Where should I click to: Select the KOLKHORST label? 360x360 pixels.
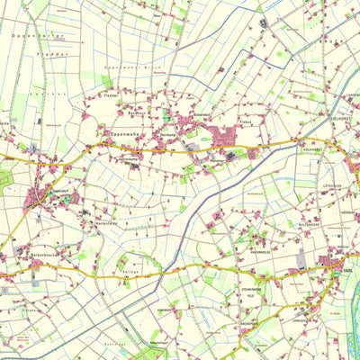click(312, 151)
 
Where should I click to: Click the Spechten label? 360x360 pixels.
click(36, 93)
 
